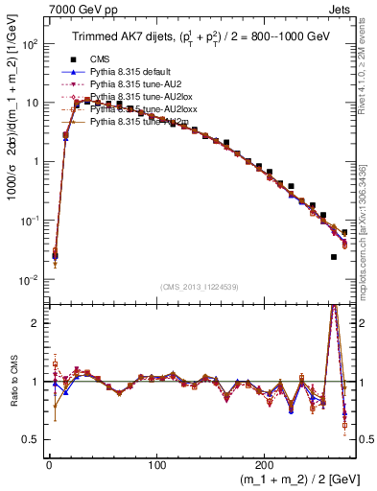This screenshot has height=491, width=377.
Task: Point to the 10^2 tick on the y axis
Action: (x=31, y=44)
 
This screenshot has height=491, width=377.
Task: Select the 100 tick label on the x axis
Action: (x=156, y=461)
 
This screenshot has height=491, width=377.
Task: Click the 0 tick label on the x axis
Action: (x=49, y=461)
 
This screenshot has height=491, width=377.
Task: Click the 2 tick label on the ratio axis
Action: (x=36, y=323)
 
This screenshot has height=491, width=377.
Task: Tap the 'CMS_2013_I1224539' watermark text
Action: (x=199, y=288)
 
